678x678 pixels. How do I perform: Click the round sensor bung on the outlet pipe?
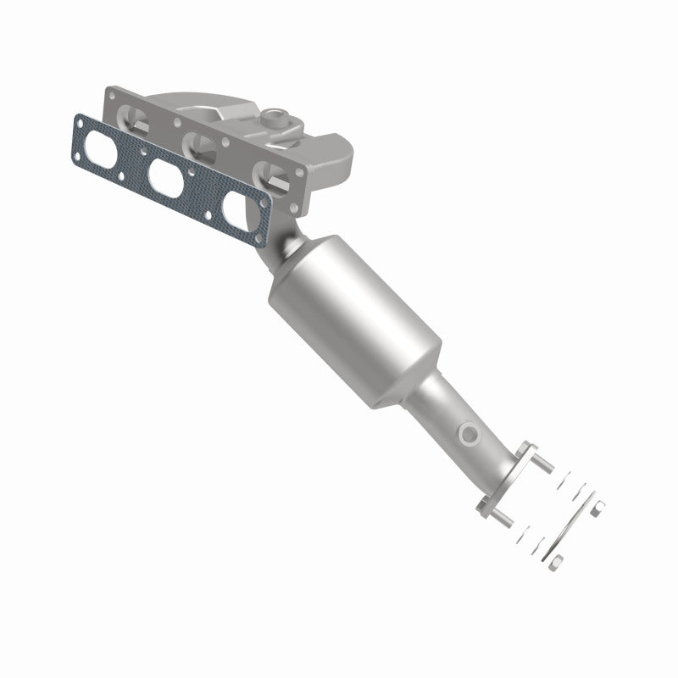pos(468,434)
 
